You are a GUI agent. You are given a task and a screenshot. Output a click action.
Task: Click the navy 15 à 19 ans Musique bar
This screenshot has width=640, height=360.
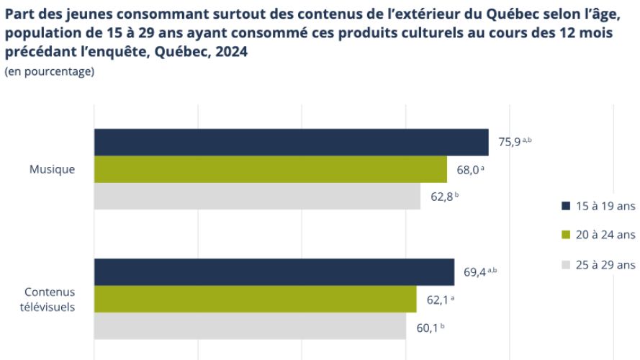[x=291, y=142]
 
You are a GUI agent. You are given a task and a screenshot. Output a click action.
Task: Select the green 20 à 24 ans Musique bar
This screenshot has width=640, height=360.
[x=270, y=169]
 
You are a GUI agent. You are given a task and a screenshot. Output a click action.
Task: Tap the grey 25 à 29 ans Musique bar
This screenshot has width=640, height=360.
[x=257, y=196]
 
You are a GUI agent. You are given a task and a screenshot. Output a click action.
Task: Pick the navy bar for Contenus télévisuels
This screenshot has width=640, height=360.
[x=274, y=272]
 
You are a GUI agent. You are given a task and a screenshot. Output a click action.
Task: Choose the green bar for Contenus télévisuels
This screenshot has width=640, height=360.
[x=255, y=299]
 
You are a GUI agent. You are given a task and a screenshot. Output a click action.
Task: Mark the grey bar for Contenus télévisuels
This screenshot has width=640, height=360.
[x=250, y=326]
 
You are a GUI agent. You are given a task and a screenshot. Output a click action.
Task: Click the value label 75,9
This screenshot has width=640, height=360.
[x=509, y=142]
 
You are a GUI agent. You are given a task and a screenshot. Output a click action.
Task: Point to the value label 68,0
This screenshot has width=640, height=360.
[x=467, y=169]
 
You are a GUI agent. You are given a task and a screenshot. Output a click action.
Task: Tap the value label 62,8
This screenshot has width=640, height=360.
[x=441, y=196]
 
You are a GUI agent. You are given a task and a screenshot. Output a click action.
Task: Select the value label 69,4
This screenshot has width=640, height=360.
[x=475, y=272]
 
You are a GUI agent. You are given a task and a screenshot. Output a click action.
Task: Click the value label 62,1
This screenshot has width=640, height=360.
[x=437, y=299]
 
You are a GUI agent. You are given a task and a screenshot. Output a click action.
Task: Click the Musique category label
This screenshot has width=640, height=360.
[x=52, y=169]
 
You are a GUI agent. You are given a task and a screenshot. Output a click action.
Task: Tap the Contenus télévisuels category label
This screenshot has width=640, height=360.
[x=50, y=299]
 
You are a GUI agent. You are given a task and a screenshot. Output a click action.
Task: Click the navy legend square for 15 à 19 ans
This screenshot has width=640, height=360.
[x=565, y=206]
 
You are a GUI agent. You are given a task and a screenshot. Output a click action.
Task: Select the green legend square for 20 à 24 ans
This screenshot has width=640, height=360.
[x=565, y=234]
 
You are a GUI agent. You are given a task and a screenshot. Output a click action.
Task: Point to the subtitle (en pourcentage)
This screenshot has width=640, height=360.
[x=49, y=71]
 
